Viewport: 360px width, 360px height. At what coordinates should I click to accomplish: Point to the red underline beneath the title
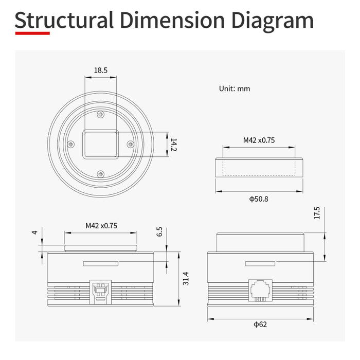pos(32,33)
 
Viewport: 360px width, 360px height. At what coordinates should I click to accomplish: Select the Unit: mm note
pos(234,88)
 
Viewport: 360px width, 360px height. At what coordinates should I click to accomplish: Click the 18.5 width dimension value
pos(100,71)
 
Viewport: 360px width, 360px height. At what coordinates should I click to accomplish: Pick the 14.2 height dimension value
pos(174,146)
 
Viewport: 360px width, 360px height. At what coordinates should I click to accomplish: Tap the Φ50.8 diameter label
pos(259,199)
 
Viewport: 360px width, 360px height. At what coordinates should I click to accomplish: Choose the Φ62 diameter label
pos(260,324)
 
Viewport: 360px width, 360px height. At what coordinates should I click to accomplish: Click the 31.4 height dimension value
pos(186,278)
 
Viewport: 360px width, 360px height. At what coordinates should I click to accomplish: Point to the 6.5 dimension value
pos(159,231)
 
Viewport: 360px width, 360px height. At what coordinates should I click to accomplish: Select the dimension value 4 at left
pos(34,232)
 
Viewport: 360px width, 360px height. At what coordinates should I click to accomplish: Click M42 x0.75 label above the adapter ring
pos(259,140)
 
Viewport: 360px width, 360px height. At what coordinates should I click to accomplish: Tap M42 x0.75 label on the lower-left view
pos(101,225)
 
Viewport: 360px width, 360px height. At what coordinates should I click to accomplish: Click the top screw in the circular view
pos(100,114)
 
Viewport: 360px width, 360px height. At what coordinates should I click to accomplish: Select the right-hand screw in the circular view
pos(130,143)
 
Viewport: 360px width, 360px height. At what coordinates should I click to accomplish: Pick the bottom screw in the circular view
pos(100,174)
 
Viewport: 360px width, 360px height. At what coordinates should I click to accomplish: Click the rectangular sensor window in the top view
pos(100,143)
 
